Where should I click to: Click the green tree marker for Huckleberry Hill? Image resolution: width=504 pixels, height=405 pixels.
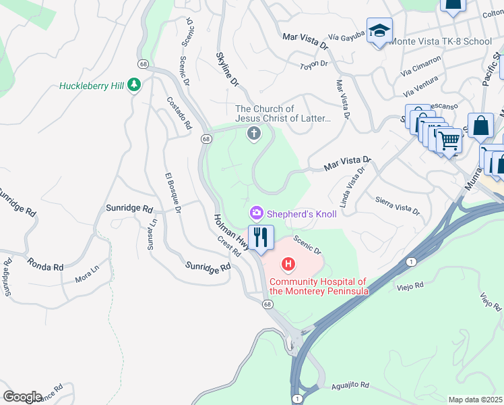pyautogui.click(x=135, y=85)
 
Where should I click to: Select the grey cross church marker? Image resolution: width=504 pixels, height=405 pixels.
pyautogui.click(x=254, y=134)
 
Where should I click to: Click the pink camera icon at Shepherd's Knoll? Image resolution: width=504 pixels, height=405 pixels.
pyautogui.click(x=256, y=213)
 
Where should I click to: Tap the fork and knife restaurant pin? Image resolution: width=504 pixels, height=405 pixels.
pyautogui.click(x=260, y=238)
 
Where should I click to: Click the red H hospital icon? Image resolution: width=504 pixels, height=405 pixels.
pyautogui.click(x=288, y=263)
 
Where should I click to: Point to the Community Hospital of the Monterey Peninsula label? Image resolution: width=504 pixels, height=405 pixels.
pyautogui.click(x=319, y=286)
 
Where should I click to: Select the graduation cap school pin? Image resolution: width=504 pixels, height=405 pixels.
pyautogui.click(x=379, y=31)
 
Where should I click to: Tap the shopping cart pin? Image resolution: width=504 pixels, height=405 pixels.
pyautogui.click(x=449, y=141)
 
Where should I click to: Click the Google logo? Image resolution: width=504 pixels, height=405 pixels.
pyautogui.click(x=22, y=397)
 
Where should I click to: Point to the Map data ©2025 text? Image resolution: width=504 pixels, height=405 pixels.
pyautogui.click(x=475, y=400)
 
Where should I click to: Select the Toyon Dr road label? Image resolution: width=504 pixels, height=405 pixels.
pyautogui.click(x=313, y=64)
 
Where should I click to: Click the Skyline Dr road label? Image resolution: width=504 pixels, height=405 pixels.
pyautogui.click(x=228, y=70)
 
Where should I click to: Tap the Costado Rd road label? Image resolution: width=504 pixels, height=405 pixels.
pyautogui.click(x=179, y=113)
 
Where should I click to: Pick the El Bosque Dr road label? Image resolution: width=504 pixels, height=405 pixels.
pyautogui.click(x=172, y=193)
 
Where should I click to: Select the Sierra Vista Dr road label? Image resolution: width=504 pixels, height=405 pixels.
pyautogui.click(x=398, y=205)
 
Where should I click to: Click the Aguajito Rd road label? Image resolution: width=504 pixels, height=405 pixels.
pyautogui.click(x=350, y=386)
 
